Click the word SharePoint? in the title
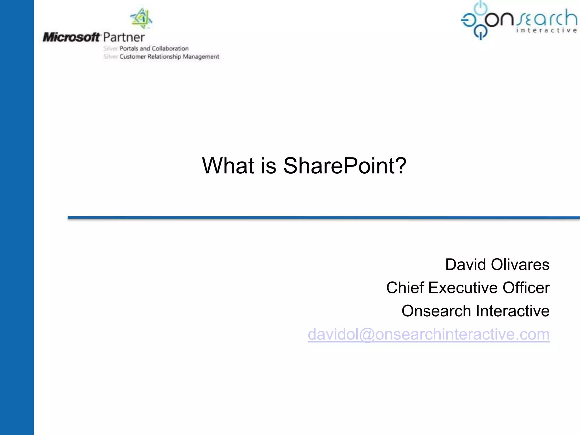pyautogui.click(x=345, y=166)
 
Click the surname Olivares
pyautogui.click(x=520, y=265)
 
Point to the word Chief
pyautogui.click(x=405, y=288)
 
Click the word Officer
pyautogui.click(x=526, y=288)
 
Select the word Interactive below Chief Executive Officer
pyautogui.click(x=513, y=311)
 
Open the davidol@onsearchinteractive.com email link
pyautogui.click(x=429, y=334)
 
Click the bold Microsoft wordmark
pyautogui.click(x=71, y=37)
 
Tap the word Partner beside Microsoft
pyautogui.click(x=124, y=37)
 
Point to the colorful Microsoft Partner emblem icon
pyautogui.click(x=141, y=18)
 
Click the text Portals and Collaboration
pyautogui.click(x=154, y=48)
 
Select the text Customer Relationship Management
pyautogui.click(x=169, y=57)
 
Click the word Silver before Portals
pyautogui.click(x=110, y=48)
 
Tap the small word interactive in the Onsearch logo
pyautogui.click(x=546, y=30)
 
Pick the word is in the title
pyautogui.click(x=268, y=166)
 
